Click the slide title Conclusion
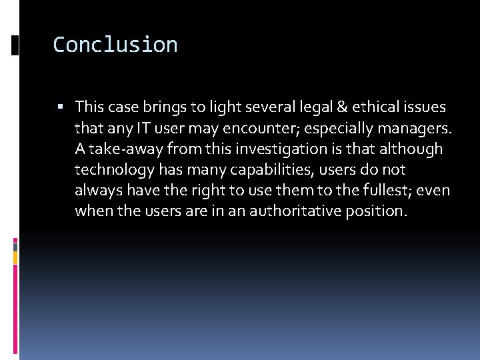pos(115,45)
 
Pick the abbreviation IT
pos(161,127)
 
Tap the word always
pos(96,190)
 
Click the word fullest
pos(387,190)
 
